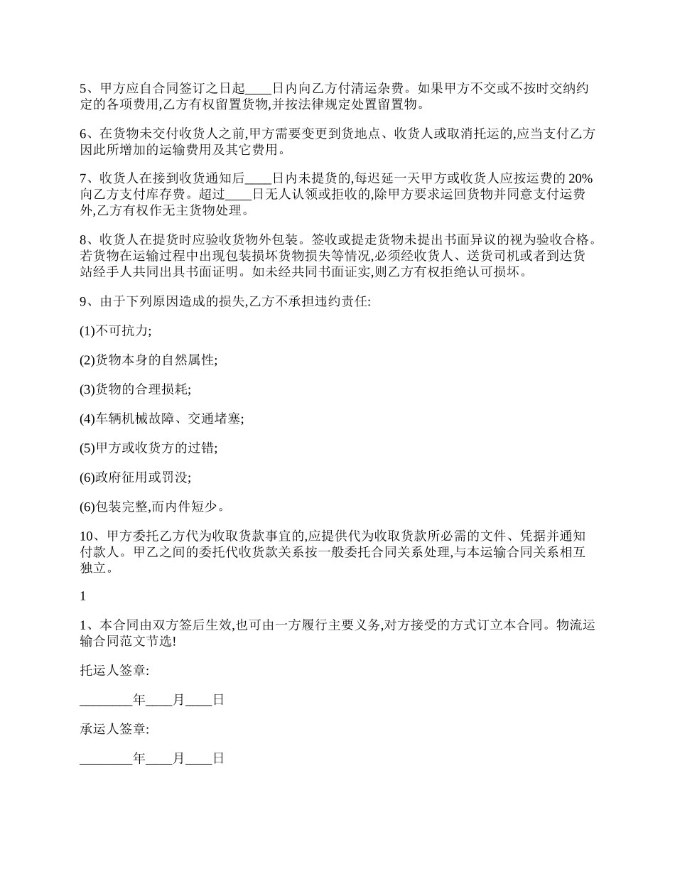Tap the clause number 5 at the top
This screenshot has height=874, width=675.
[x=82, y=90]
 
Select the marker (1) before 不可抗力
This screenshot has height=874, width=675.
[x=87, y=331]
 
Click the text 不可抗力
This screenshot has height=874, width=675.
[x=121, y=331]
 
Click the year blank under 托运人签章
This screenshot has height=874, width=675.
[x=106, y=700]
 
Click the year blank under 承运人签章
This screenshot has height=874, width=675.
[x=106, y=759]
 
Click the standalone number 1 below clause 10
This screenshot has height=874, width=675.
[x=82, y=595]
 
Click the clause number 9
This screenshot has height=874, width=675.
[x=82, y=301]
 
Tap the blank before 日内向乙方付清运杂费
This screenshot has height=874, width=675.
[x=258, y=90]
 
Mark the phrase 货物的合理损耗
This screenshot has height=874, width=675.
[x=141, y=389]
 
